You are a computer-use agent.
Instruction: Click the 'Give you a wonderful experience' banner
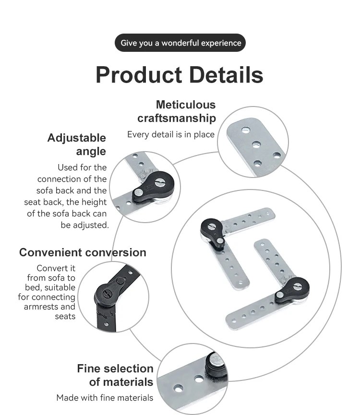click(180, 43)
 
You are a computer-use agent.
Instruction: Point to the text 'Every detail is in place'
click(170, 134)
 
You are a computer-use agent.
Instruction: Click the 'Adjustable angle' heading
click(77, 144)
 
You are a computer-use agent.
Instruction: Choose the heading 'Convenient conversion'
click(83, 252)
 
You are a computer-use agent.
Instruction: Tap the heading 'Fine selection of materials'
click(115, 375)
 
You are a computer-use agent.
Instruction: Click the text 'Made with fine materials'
click(105, 398)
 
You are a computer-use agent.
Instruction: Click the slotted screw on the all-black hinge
click(106, 291)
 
